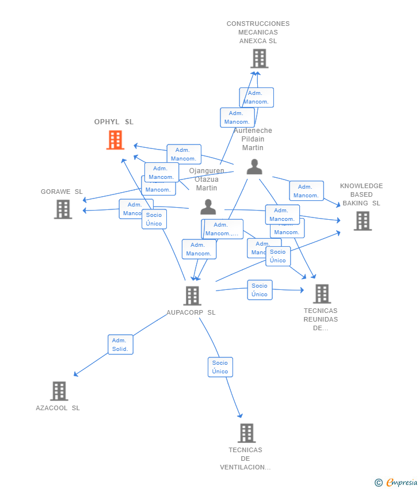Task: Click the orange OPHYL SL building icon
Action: point(115,140)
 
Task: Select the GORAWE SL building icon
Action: point(63,209)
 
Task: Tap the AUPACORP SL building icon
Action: point(192,296)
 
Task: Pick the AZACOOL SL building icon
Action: point(59,391)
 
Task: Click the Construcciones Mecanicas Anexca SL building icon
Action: point(259,59)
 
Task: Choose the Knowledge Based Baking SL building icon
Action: point(362,221)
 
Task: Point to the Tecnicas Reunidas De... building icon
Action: point(321,294)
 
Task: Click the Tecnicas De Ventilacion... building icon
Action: point(246,433)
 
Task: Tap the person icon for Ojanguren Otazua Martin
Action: point(208,207)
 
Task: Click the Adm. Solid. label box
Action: point(120,345)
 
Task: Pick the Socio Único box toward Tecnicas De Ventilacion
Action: point(220,367)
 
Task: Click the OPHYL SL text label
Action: point(114,122)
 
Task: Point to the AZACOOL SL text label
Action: point(58,408)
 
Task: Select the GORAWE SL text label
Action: point(62,192)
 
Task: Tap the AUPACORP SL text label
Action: point(191,312)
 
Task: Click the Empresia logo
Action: point(401,483)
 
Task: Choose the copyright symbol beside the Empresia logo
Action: point(379,483)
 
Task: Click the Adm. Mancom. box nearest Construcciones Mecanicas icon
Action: point(256,97)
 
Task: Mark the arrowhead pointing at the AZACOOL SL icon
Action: point(75,375)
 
